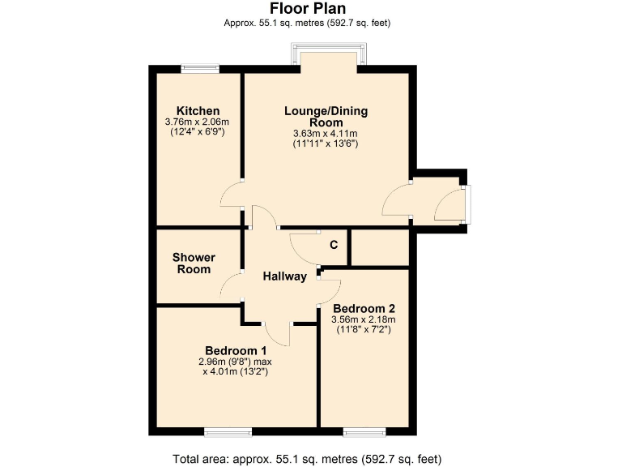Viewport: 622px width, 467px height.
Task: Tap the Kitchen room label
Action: click(x=198, y=111)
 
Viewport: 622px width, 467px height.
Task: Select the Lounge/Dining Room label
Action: click(x=325, y=115)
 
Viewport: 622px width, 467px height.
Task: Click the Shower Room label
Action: click(x=193, y=263)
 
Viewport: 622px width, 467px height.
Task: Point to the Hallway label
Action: click(x=285, y=276)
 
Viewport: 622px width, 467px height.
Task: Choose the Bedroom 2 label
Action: click(x=364, y=309)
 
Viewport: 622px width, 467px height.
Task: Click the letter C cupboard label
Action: click(x=333, y=245)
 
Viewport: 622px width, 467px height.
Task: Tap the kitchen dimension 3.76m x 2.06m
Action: click(x=198, y=122)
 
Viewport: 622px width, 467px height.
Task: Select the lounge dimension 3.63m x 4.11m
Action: click(x=325, y=134)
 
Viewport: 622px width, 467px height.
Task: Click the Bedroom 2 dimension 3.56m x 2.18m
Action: click(x=364, y=320)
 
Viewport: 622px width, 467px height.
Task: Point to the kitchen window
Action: click(x=199, y=70)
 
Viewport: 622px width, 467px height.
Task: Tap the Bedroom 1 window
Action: click(x=227, y=430)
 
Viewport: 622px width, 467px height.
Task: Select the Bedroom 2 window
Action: click(x=365, y=430)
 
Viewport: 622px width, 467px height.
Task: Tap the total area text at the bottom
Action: click(x=307, y=459)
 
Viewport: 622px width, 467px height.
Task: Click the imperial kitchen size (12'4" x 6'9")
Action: click(x=198, y=132)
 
